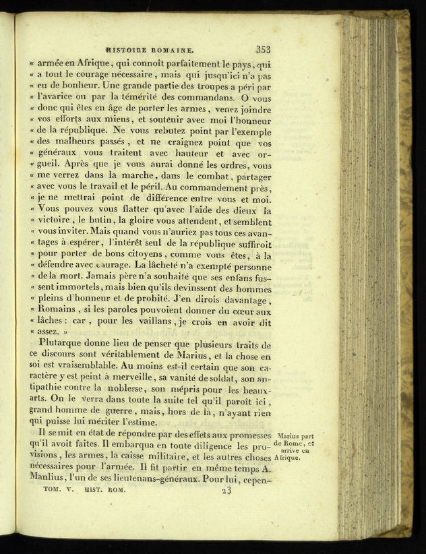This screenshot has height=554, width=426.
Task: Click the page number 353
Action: [263, 49]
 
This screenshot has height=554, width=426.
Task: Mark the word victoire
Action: [56, 221]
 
